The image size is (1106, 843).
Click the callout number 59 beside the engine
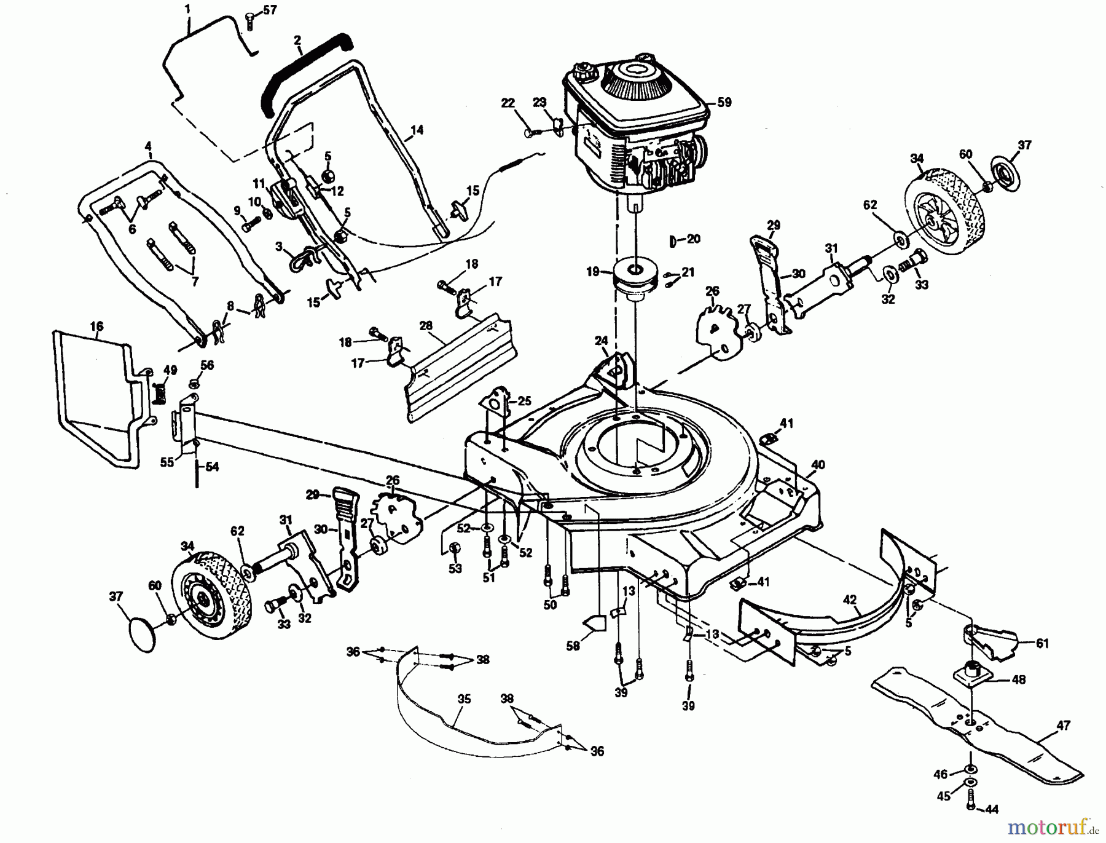coord(724,102)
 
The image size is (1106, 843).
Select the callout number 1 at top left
coord(187,9)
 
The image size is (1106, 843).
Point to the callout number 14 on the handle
coord(417,130)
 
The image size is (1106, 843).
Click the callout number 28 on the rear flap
coord(426,326)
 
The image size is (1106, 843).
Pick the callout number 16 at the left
coord(96,326)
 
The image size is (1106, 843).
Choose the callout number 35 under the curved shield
coord(464,699)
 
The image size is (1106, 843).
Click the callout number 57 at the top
coord(270,10)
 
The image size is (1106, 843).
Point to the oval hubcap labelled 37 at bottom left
coord(143,634)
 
